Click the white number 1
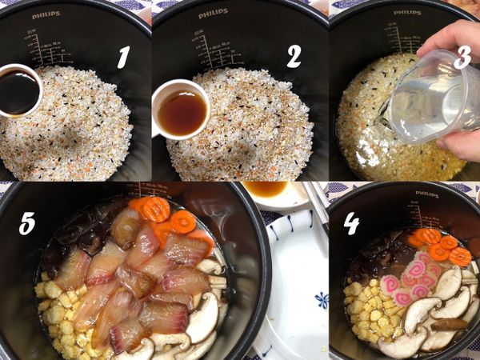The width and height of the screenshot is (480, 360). tap(123, 56)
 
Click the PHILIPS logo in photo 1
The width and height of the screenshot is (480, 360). tap(46, 14)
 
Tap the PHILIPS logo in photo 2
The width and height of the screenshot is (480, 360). tap(213, 14)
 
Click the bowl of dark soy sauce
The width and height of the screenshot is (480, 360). tap(18, 90)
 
